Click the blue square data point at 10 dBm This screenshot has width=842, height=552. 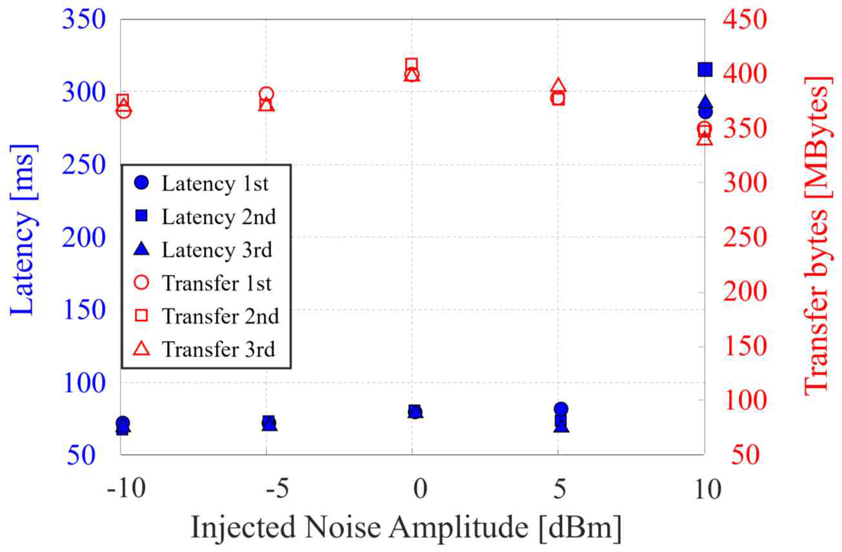click(x=705, y=70)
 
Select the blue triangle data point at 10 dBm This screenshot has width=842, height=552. click(x=705, y=103)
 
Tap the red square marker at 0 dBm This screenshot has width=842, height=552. click(x=412, y=64)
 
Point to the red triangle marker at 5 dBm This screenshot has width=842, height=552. click(x=559, y=86)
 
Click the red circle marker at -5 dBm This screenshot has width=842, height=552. click(x=266, y=94)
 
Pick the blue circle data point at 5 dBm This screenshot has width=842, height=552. click(x=561, y=409)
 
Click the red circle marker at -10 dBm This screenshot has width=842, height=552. click(x=124, y=110)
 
